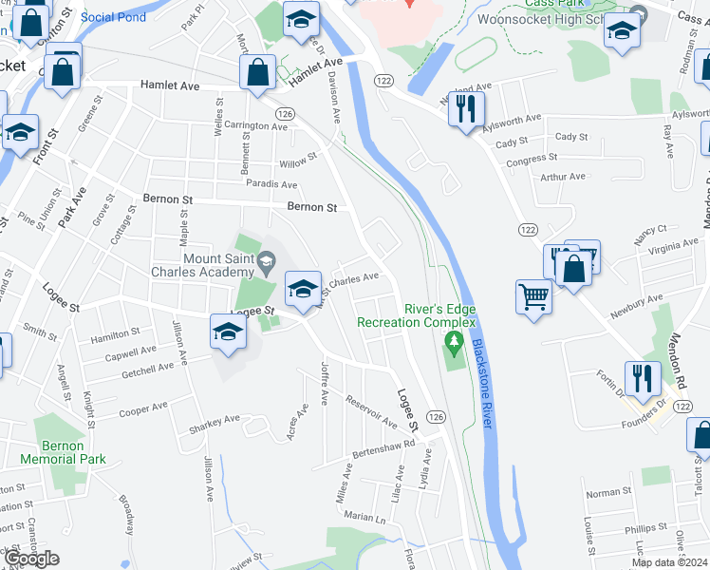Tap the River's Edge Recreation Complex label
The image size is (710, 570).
[x=414, y=315]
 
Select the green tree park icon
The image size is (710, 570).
[x=456, y=341]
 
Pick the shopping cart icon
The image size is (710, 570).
[x=533, y=296]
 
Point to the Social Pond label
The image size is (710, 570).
[x=113, y=17]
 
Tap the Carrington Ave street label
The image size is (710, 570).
[x=256, y=125]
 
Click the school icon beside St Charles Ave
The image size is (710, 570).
[x=302, y=289]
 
